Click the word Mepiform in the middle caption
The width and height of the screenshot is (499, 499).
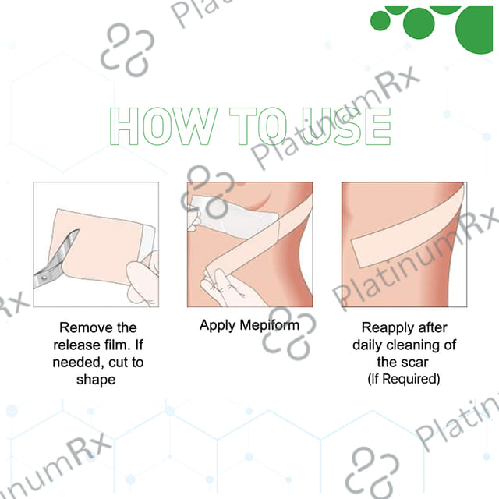click(272, 325)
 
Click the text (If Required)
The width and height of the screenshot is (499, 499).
click(403, 379)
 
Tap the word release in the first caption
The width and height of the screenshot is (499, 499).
click(79, 345)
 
